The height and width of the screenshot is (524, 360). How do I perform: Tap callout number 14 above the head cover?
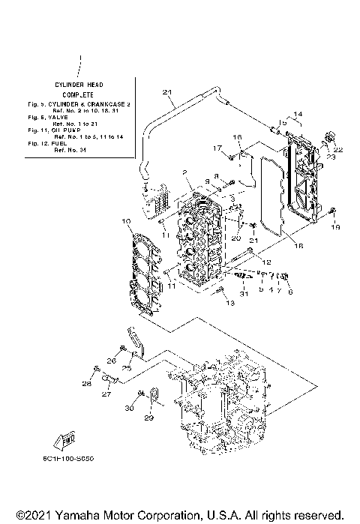tap(298, 114)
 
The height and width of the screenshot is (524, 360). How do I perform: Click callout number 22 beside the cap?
tap(337, 150)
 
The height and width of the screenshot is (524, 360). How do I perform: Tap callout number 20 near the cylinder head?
tap(235, 238)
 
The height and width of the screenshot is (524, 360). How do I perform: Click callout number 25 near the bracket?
tap(127, 367)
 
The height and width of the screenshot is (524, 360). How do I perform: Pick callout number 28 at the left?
tap(86, 384)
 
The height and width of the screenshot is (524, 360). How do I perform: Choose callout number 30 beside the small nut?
tap(128, 408)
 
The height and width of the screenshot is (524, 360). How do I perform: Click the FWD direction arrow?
tap(63, 442)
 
